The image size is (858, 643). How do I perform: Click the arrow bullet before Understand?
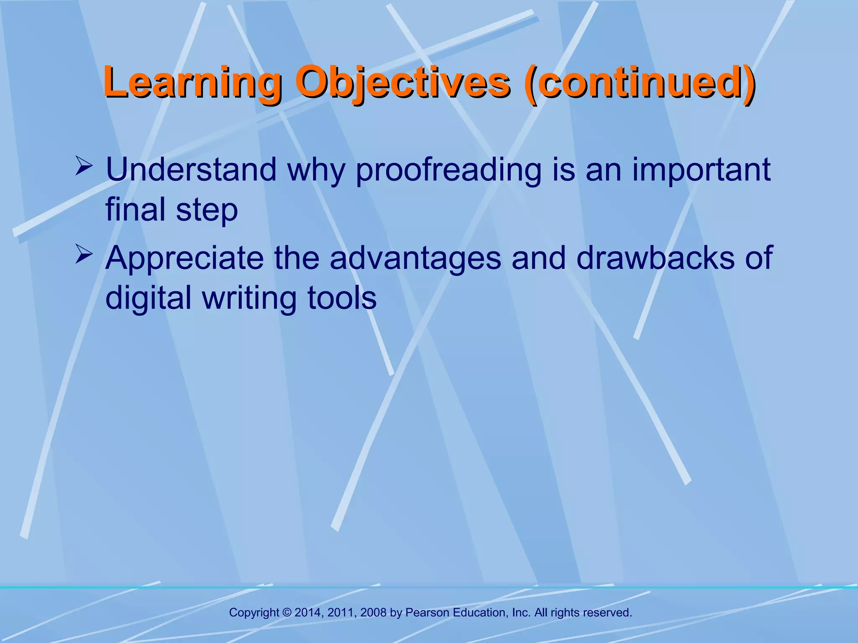[83, 166]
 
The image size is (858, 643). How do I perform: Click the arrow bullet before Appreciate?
[83, 255]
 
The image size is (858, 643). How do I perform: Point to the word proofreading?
[449, 170]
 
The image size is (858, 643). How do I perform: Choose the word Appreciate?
[184, 258]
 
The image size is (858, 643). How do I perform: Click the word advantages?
[415, 258]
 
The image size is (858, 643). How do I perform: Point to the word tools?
[342, 298]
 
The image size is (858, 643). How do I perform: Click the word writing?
[249, 298]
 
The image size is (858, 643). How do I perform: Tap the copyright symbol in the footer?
[287, 612]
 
